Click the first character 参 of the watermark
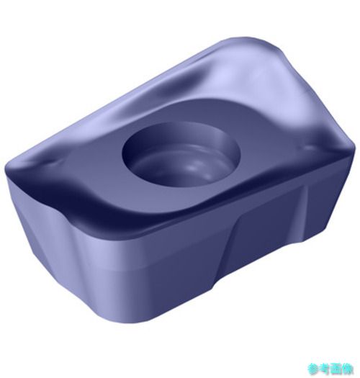(x=314, y=369)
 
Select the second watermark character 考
(x=325, y=369)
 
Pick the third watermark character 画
(x=336, y=369)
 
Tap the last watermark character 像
(x=347, y=369)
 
